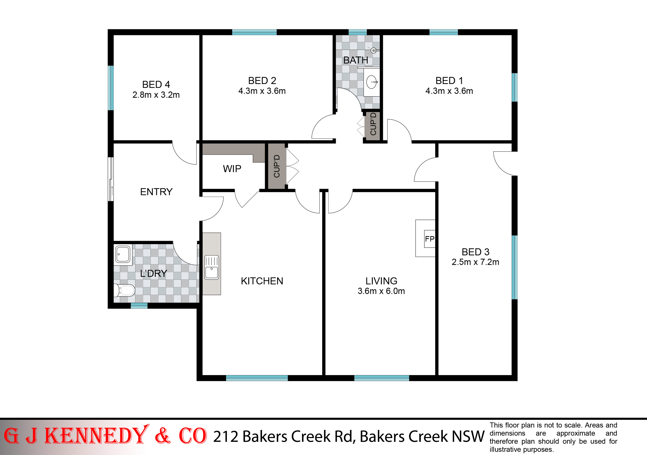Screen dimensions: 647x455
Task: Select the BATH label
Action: click(x=356, y=60)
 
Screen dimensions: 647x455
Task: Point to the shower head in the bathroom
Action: click(x=374, y=50)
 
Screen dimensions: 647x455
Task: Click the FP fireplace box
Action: click(x=429, y=239)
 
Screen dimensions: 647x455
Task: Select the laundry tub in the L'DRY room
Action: click(x=123, y=254)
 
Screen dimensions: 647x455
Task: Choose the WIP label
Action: click(x=232, y=169)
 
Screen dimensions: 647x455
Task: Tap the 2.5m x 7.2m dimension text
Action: click(x=475, y=262)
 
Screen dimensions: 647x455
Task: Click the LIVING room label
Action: click(x=381, y=281)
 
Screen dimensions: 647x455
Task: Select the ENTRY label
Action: click(x=156, y=192)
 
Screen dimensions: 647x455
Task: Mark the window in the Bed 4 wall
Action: click(x=111, y=88)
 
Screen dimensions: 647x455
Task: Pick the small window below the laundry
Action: click(x=139, y=306)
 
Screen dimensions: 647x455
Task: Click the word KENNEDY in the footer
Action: click(x=97, y=436)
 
